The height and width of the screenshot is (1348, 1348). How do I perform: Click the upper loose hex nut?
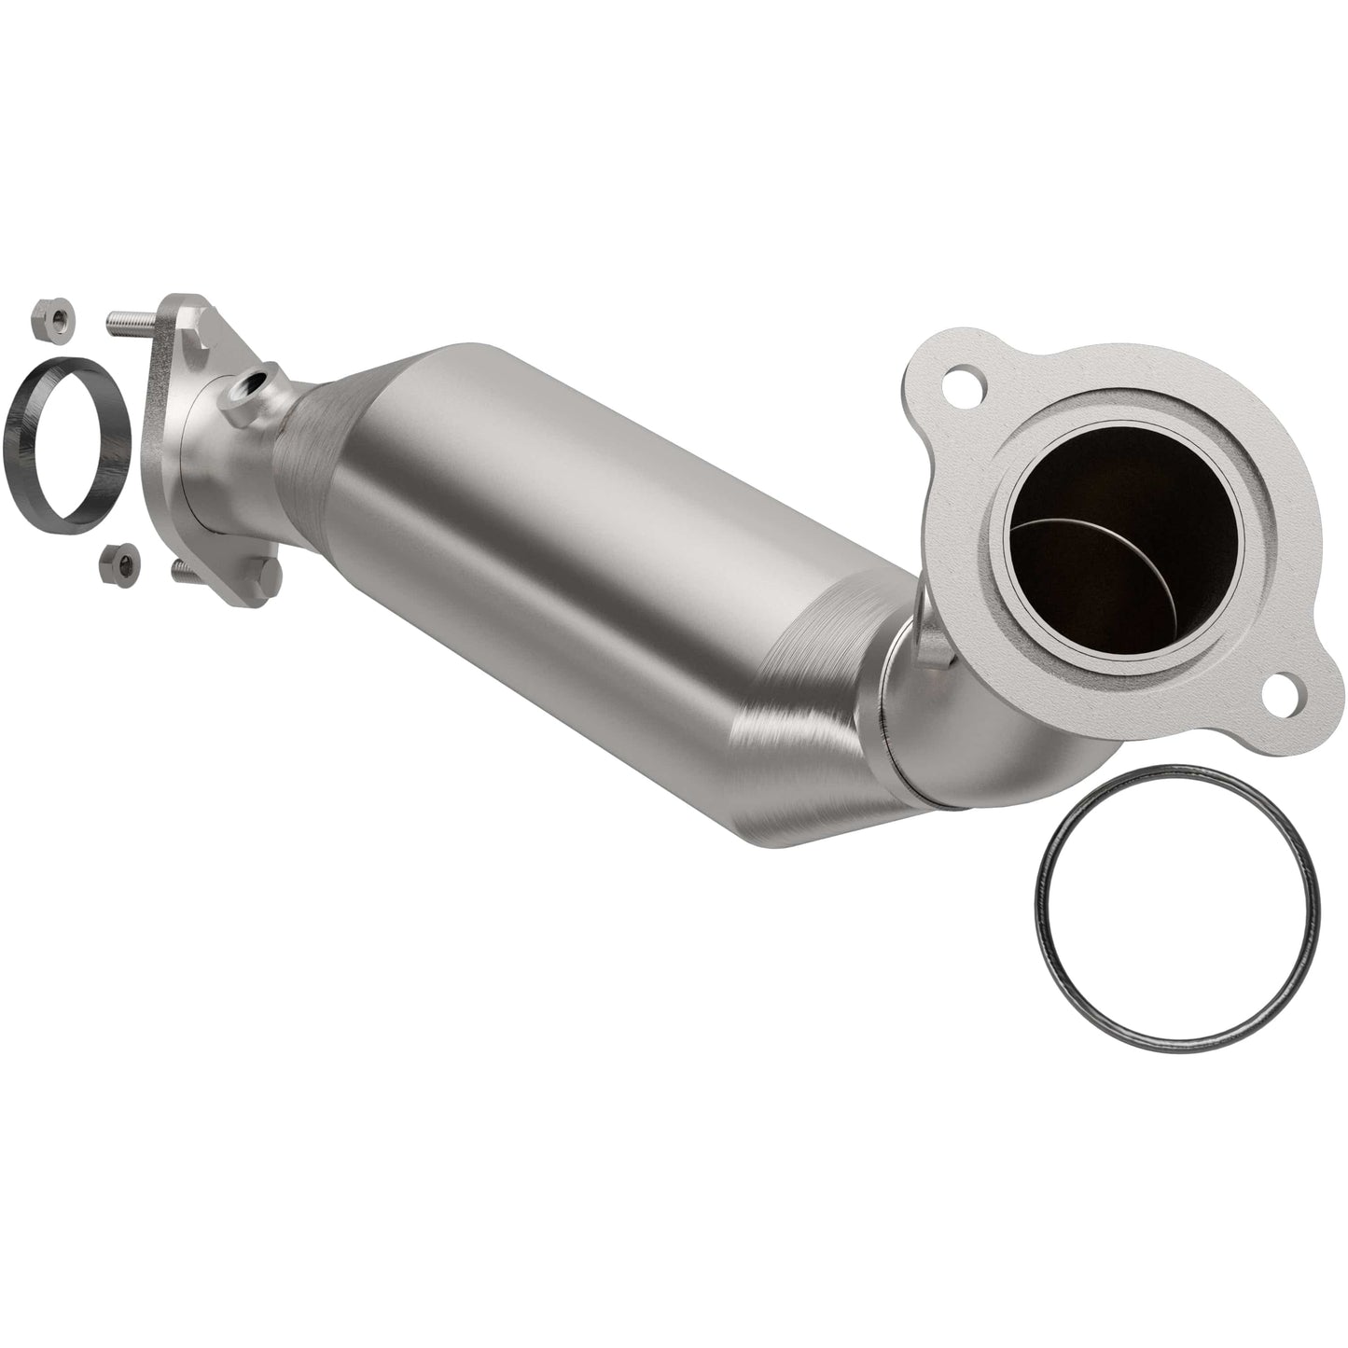54,320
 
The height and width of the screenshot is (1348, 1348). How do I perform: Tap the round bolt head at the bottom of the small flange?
267,576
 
